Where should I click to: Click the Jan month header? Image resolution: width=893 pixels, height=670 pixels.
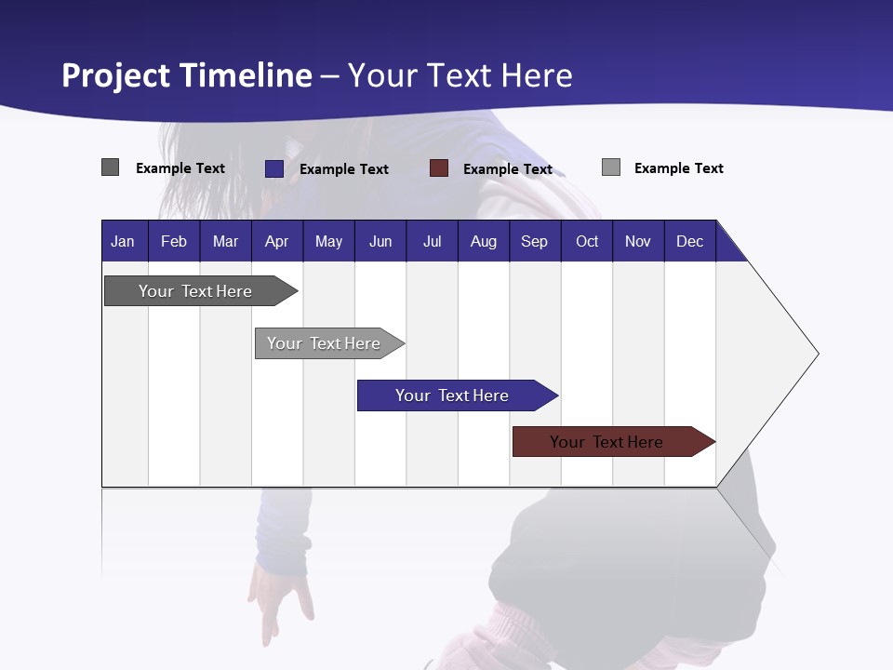pyautogui.click(x=123, y=241)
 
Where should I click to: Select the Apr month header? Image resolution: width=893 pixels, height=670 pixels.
pyautogui.click(x=277, y=241)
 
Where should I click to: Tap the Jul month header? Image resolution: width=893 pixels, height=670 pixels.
pyautogui.click(x=432, y=241)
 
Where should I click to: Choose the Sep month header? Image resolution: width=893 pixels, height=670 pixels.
pyautogui.click(x=534, y=241)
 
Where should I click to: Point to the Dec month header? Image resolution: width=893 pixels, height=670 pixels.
pyautogui.click(x=689, y=241)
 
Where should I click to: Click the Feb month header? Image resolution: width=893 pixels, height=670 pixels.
pyautogui.click(x=174, y=241)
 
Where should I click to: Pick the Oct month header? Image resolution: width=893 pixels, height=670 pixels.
pyautogui.click(x=587, y=241)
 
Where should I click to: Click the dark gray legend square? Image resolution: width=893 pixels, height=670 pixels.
pyautogui.click(x=110, y=167)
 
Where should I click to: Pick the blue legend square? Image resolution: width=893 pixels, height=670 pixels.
pyautogui.click(x=273, y=168)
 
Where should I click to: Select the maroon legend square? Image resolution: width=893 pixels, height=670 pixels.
pyautogui.click(x=439, y=168)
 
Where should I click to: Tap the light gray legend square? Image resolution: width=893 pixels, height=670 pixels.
pyautogui.click(x=611, y=167)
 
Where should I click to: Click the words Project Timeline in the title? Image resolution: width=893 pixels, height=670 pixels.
pyautogui.click(x=186, y=75)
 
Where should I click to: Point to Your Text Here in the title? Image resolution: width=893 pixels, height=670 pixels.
pyautogui.click(x=460, y=75)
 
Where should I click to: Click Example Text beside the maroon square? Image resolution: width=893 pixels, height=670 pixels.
pyautogui.click(x=508, y=169)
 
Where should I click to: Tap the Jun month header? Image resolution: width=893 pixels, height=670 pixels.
pyautogui.click(x=380, y=241)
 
